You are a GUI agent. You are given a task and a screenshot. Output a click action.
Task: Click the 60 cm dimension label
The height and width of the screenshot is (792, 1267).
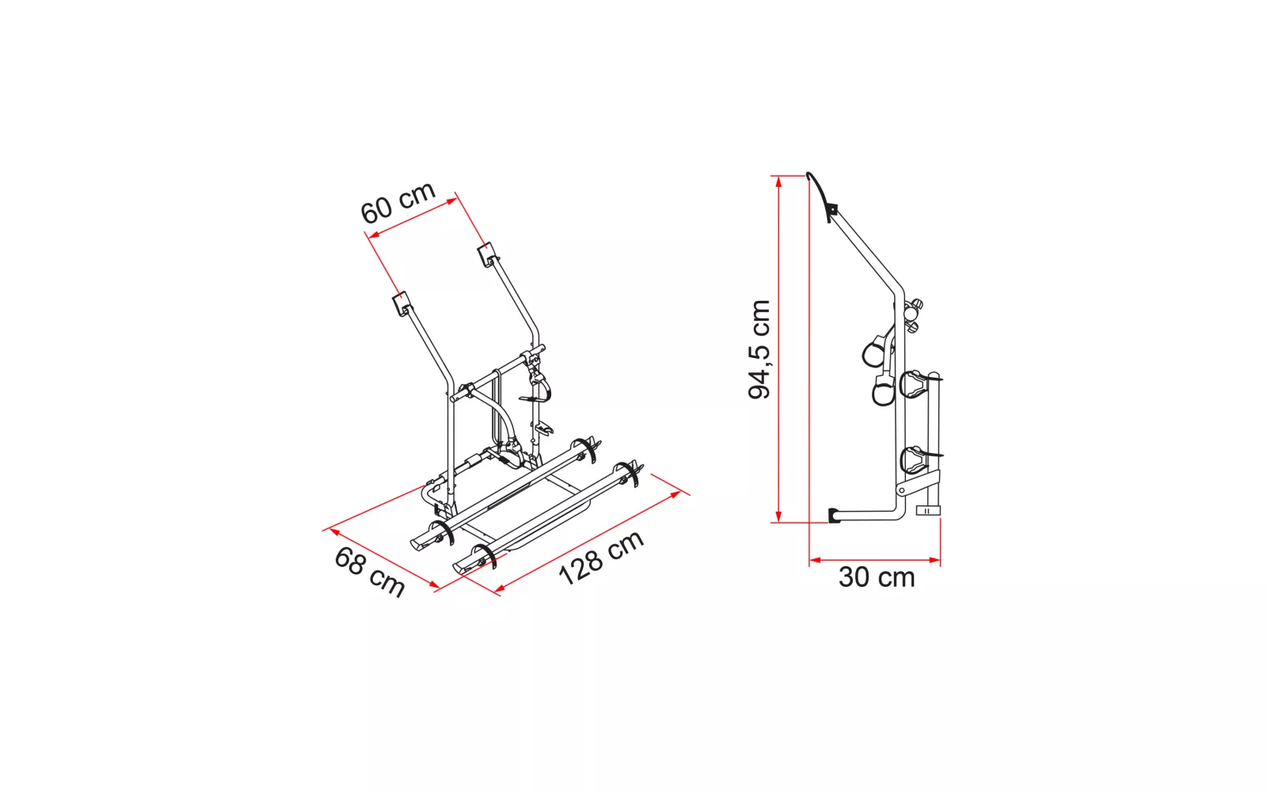point(398,202)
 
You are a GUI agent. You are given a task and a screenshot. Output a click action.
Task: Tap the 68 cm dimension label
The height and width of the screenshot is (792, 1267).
point(369,571)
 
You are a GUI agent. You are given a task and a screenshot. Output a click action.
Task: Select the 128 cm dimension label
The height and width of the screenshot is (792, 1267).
point(601,558)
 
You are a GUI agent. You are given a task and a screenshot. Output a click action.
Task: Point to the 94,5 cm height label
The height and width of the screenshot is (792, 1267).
point(759,349)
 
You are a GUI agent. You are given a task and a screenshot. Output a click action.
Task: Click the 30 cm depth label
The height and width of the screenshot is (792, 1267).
point(876,577)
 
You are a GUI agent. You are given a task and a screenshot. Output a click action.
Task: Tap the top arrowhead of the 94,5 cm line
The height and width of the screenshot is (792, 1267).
point(779,181)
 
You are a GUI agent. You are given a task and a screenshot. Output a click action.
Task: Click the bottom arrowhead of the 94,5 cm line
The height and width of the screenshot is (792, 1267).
point(779,516)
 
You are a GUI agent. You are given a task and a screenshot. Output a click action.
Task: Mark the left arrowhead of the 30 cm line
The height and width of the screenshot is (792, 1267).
point(815,560)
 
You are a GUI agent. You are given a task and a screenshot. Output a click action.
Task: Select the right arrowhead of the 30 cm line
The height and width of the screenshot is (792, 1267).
point(934,560)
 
